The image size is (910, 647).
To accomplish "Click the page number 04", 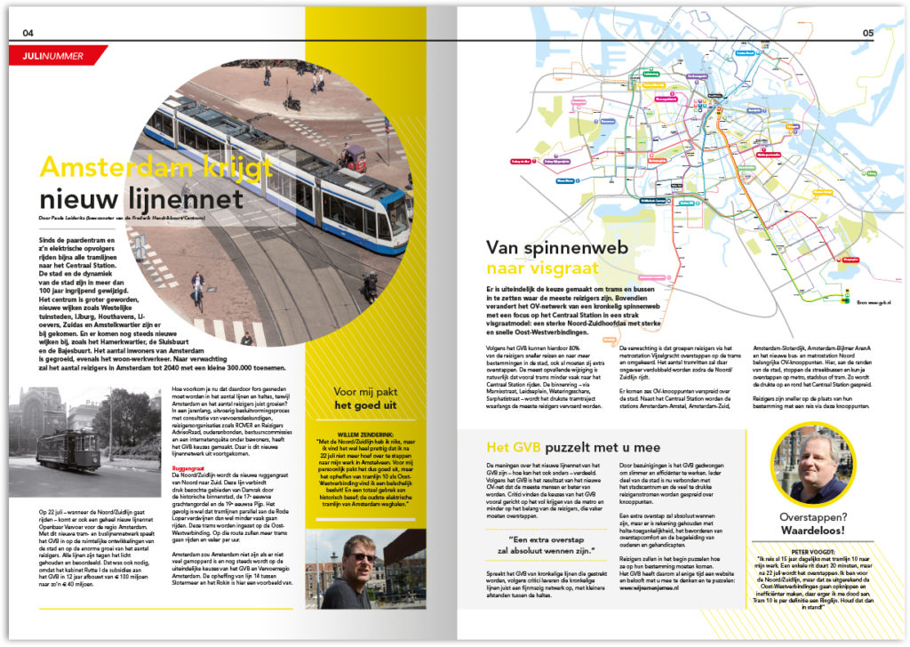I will pyautogui.click(x=28, y=33).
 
